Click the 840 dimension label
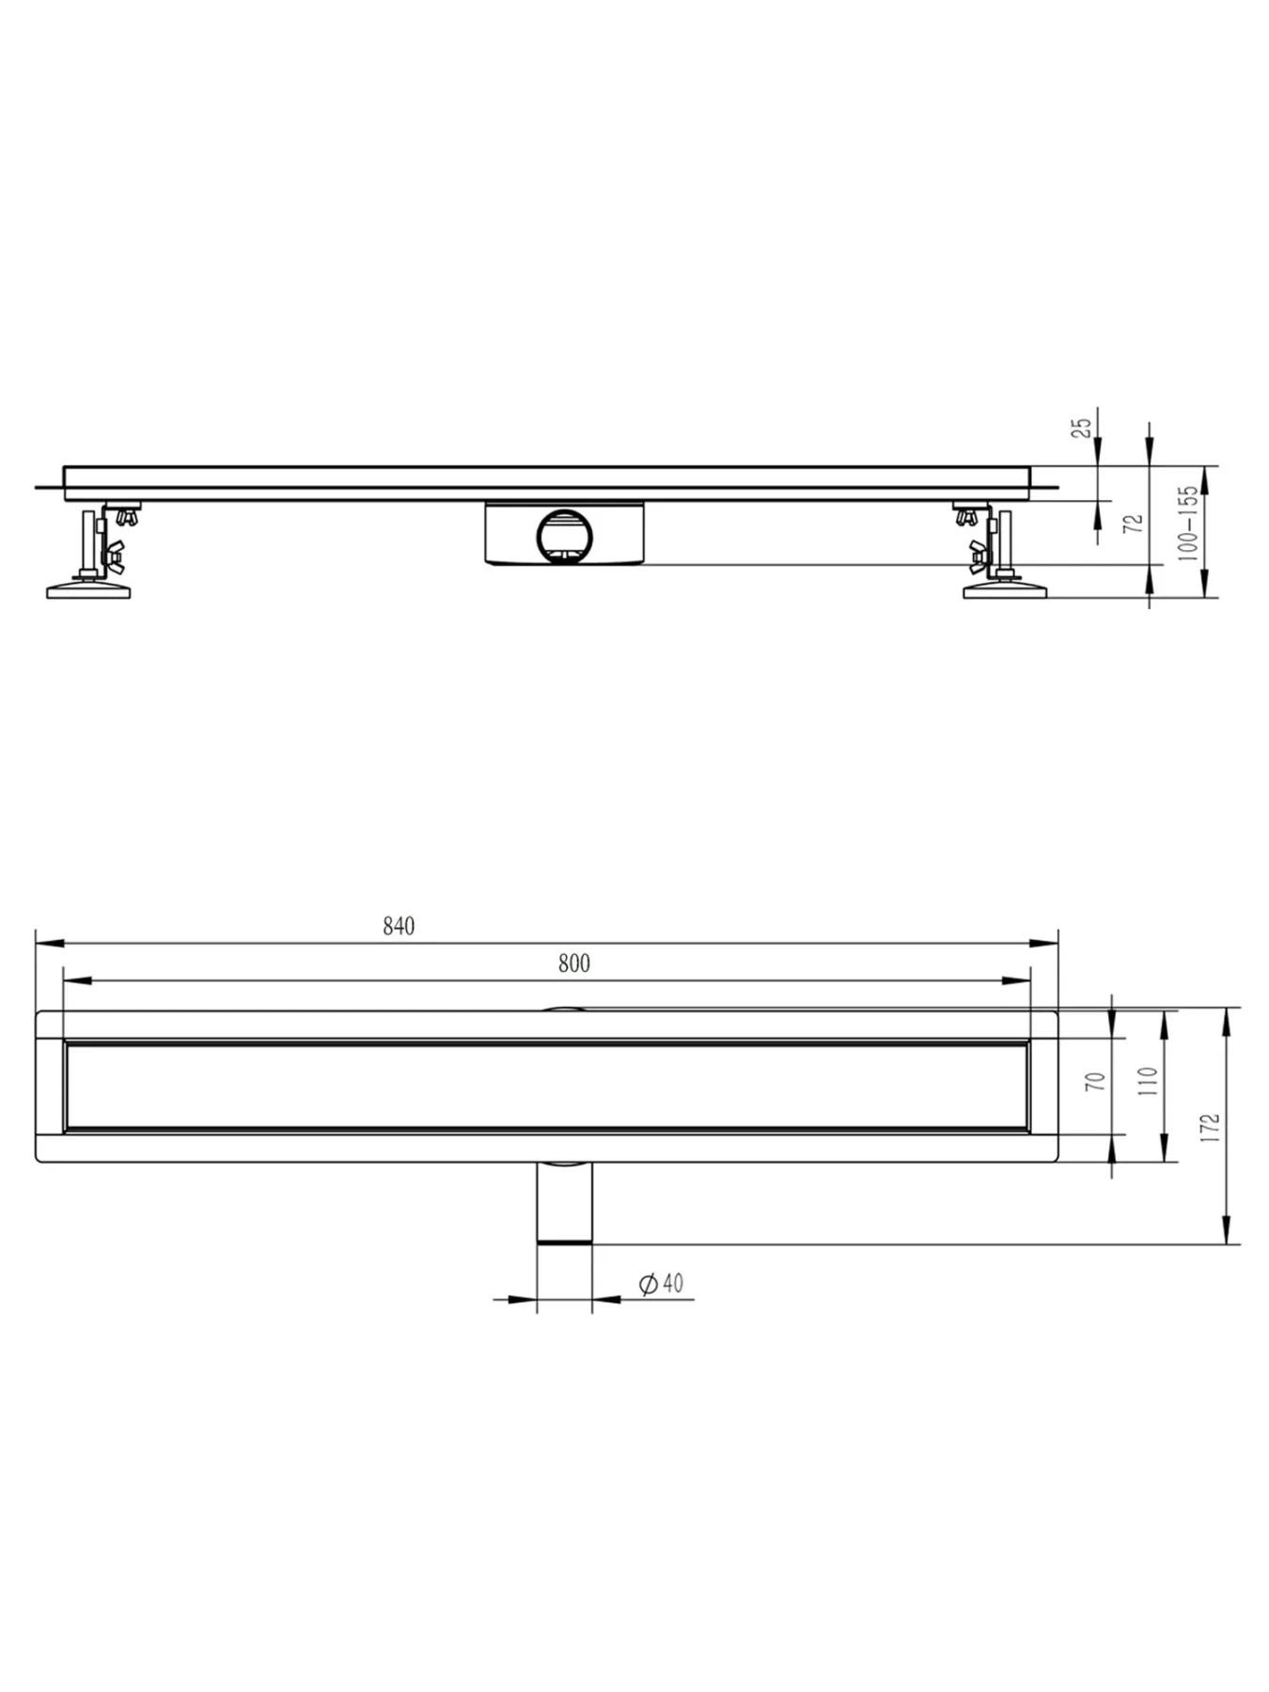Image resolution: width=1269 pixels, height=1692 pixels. tap(399, 926)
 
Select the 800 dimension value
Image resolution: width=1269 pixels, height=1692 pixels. tap(574, 963)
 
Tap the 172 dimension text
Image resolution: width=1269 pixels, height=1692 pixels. tap(1210, 1127)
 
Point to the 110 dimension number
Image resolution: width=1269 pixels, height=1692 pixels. tap(1148, 1083)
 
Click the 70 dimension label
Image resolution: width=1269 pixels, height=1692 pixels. tap(1096, 1081)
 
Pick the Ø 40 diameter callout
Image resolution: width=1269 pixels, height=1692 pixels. tap(661, 1283)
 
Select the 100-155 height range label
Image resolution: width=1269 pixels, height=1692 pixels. tap(1189, 523)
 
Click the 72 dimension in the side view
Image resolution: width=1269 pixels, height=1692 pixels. tap(1135, 523)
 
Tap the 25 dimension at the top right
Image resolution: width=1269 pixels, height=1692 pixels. tap(1083, 428)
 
